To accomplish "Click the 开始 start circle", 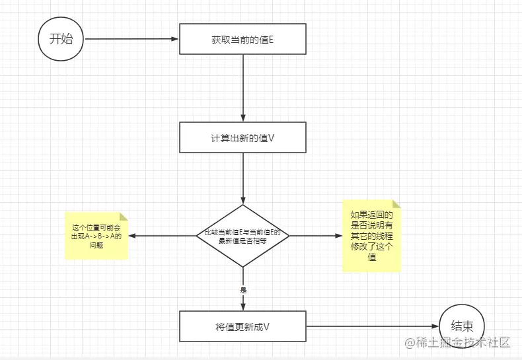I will pyautogui.click(x=61, y=38).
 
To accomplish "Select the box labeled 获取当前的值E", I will pyautogui.click(x=243, y=39).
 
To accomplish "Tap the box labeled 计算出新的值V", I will pyautogui.click(x=243, y=137).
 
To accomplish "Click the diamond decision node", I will pyautogui.click(x=243, y=235).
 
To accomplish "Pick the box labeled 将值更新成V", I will pyautogui.click(x=243, y=326).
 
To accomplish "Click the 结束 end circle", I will pyautogui.click(x=462, y=326).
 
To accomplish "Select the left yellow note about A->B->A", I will pyautogui.click(x=96, y=236).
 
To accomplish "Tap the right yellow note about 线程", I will pyautogui.click(x=371, y=236).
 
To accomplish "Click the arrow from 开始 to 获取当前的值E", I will pyautogui.click(x=132, y=39).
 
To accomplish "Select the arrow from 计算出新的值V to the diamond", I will pyautogui.click(x=243, y=178).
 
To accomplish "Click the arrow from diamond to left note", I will pyautogui.click(x=163, y=236).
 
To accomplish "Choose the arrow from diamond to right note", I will pyautogui.click(x=316, y=236).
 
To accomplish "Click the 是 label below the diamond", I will pyautogui.click(x=243, y=289).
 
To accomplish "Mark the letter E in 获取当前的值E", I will pyautogui.click(x=271, y=40).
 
